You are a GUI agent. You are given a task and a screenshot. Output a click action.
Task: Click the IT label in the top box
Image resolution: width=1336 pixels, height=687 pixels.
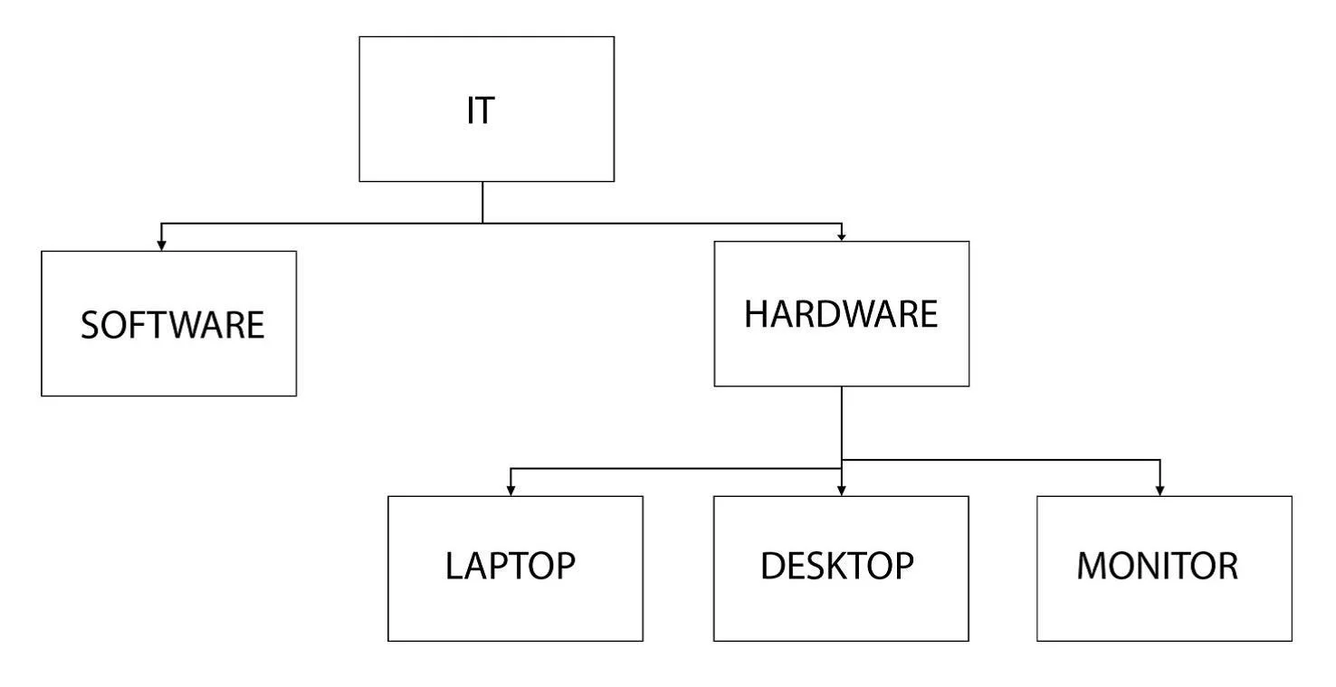(481, 110)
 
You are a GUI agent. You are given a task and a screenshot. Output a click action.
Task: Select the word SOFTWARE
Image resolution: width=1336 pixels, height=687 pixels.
(172, 325)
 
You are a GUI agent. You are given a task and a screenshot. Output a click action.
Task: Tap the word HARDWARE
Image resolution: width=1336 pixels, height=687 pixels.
(841, 314)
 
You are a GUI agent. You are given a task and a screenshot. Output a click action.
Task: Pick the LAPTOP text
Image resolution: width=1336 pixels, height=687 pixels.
(511, 566)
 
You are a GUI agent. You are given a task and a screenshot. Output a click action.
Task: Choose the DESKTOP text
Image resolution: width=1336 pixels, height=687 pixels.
(837, 566)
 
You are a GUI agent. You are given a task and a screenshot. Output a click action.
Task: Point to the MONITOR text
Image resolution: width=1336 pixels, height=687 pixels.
(1158, 566)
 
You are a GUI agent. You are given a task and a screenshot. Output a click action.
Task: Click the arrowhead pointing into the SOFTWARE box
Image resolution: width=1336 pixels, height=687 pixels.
(161, 245)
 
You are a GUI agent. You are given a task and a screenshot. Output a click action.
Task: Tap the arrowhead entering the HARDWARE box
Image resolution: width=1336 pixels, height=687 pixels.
(842, 237)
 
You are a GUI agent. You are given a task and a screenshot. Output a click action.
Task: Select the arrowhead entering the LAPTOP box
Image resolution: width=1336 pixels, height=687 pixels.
(511, 491)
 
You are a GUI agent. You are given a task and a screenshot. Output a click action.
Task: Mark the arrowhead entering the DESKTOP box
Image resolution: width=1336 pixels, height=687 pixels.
(842, 491)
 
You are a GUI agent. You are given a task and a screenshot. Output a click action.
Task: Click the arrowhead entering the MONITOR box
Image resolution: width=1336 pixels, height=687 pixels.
(1160, 491)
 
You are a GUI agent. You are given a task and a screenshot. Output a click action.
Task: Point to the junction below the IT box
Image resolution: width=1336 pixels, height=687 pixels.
(482, 224)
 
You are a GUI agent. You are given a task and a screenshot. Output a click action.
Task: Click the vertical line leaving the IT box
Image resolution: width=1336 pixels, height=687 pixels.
(482, 202)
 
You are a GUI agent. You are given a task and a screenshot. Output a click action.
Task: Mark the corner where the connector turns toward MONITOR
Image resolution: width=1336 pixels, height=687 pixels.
(1160, 460)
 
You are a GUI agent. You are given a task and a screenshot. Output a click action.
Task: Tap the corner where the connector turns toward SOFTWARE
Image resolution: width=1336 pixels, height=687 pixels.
(161, 224)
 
